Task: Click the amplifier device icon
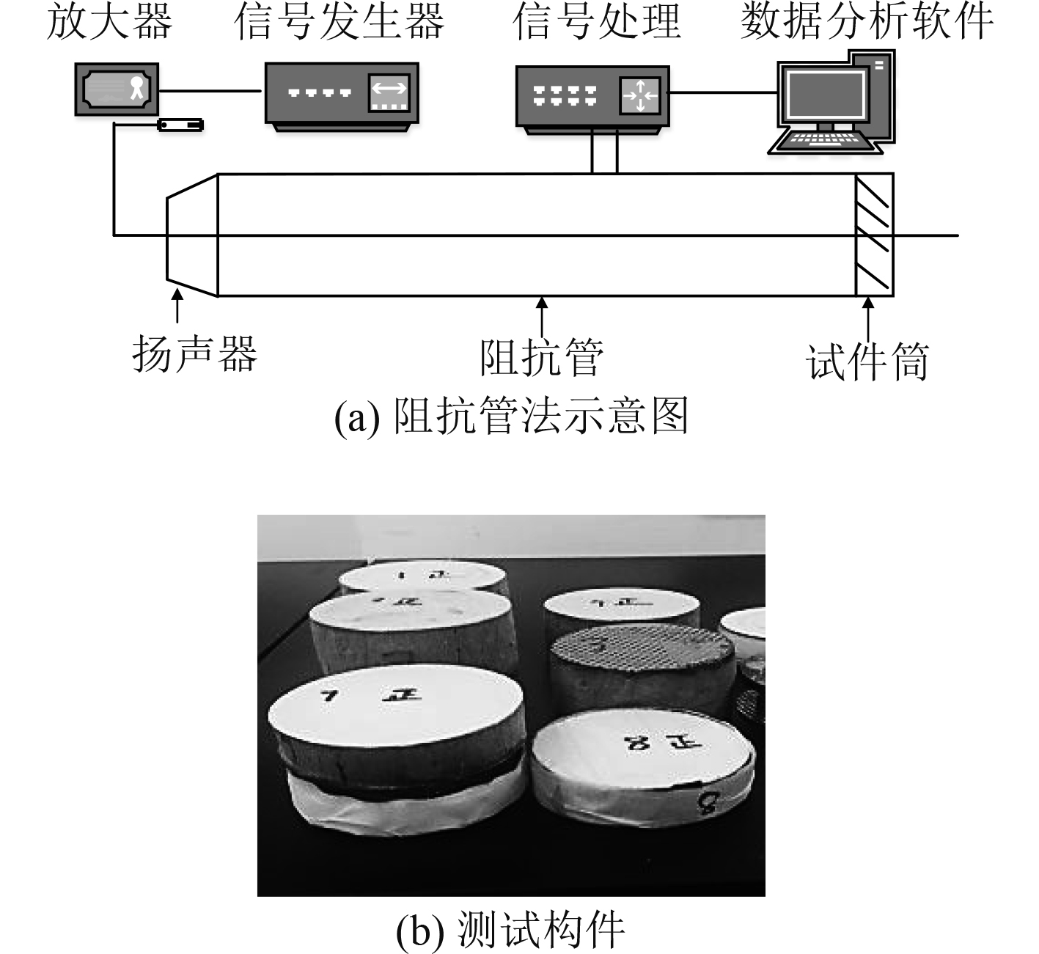point(117,89)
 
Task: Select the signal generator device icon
point(341,95)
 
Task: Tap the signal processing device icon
point(592,97)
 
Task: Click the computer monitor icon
point(824,96)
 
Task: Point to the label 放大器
point(109,22)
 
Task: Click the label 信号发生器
point(339,22)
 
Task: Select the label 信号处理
point(596,22)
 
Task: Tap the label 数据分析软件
point(866,22)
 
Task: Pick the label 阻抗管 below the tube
point(542,357)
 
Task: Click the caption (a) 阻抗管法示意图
point(511,417)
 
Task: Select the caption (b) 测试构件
point(510,930)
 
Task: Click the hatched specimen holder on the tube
point(874,235)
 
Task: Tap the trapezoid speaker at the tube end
point(193,235)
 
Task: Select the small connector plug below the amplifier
point(180,125)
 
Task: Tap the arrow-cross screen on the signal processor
point(640,95)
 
